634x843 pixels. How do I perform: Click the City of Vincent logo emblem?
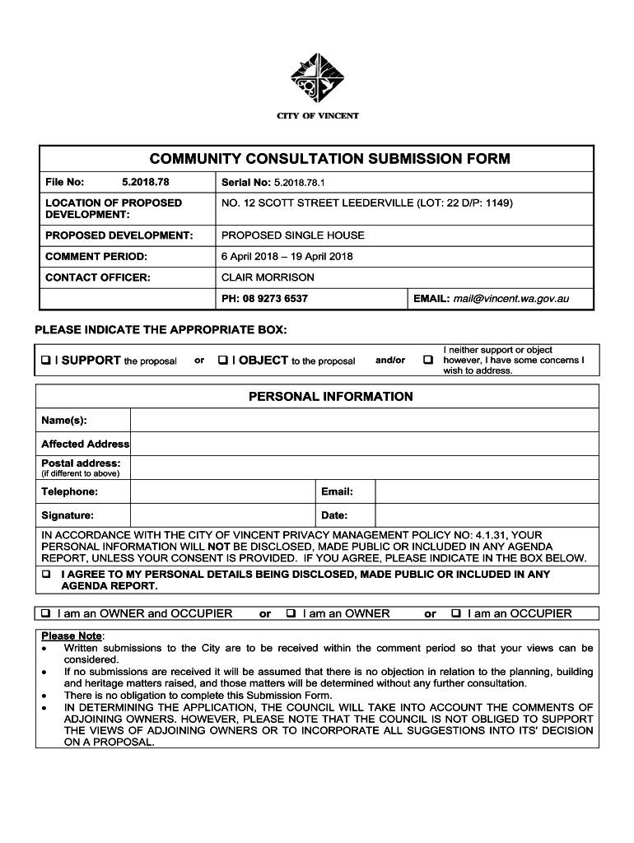[317, 79]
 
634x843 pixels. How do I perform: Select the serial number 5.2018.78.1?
[301, 183]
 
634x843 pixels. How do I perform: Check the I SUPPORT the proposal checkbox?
[46, 361]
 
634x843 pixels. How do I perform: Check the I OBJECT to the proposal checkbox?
[223, 361]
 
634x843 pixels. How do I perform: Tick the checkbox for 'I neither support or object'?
[428, 361]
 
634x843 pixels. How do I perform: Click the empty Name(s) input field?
[362, 421]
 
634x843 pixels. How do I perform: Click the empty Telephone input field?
[222, 492]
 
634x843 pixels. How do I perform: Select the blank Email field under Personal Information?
[486, 492]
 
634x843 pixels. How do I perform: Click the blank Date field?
[486, 516]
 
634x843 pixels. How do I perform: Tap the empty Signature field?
[222, 516]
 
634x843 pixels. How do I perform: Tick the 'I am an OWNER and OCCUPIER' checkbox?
[46, 613]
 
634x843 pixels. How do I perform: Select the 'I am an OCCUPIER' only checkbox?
[456, 613]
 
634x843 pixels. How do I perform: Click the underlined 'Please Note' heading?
[72, 636]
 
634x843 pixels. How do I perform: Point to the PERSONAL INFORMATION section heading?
[331, 397]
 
